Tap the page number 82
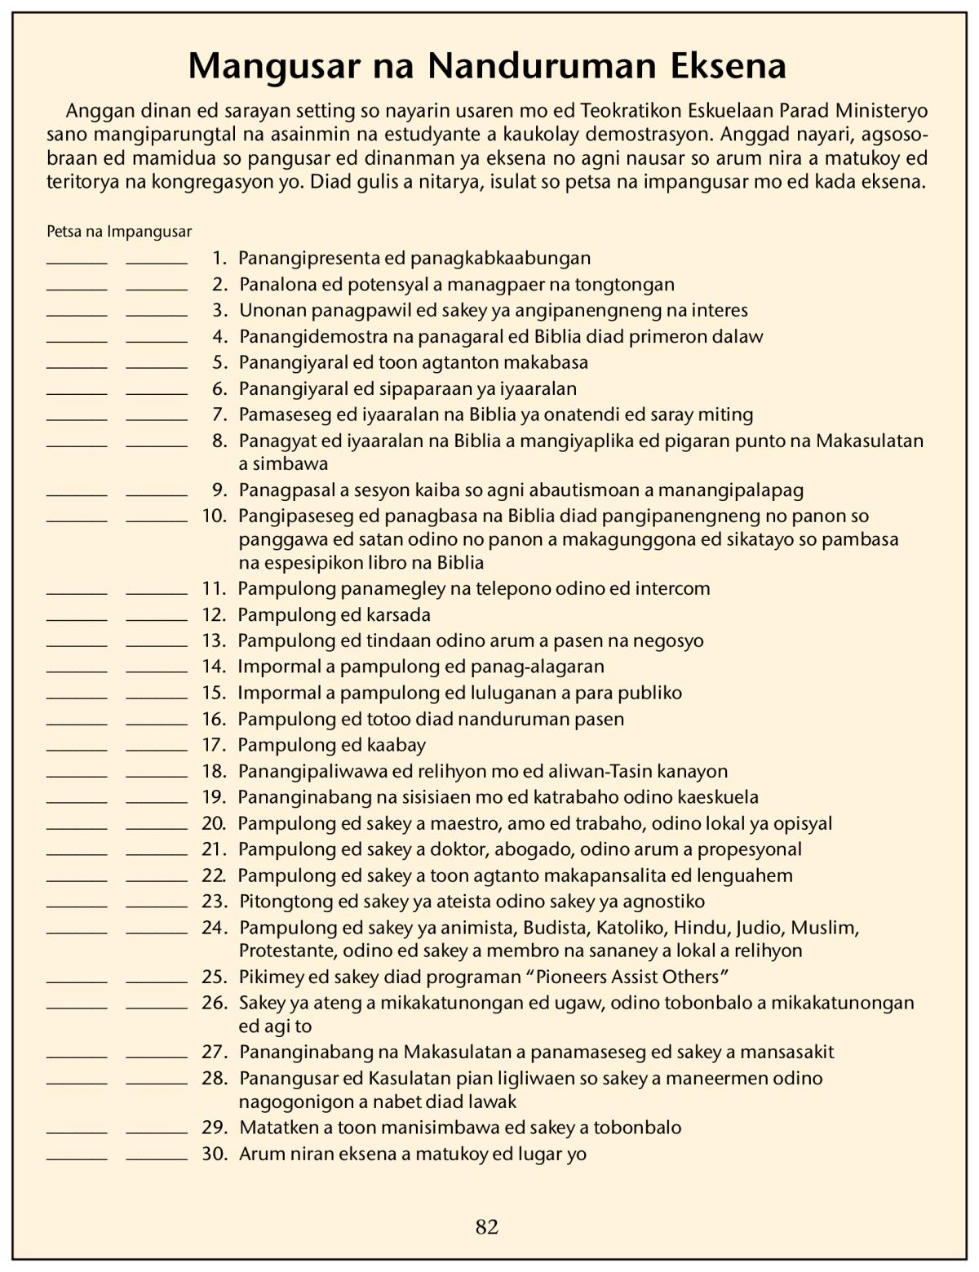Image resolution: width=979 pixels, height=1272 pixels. coord(487,1226)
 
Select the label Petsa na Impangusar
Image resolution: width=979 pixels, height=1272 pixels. coord(119,232)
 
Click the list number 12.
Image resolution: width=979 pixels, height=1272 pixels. coord(214,614)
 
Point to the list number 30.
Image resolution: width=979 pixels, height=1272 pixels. coord(214,1154)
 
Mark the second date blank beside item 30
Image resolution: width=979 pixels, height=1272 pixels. coord(157,1157)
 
